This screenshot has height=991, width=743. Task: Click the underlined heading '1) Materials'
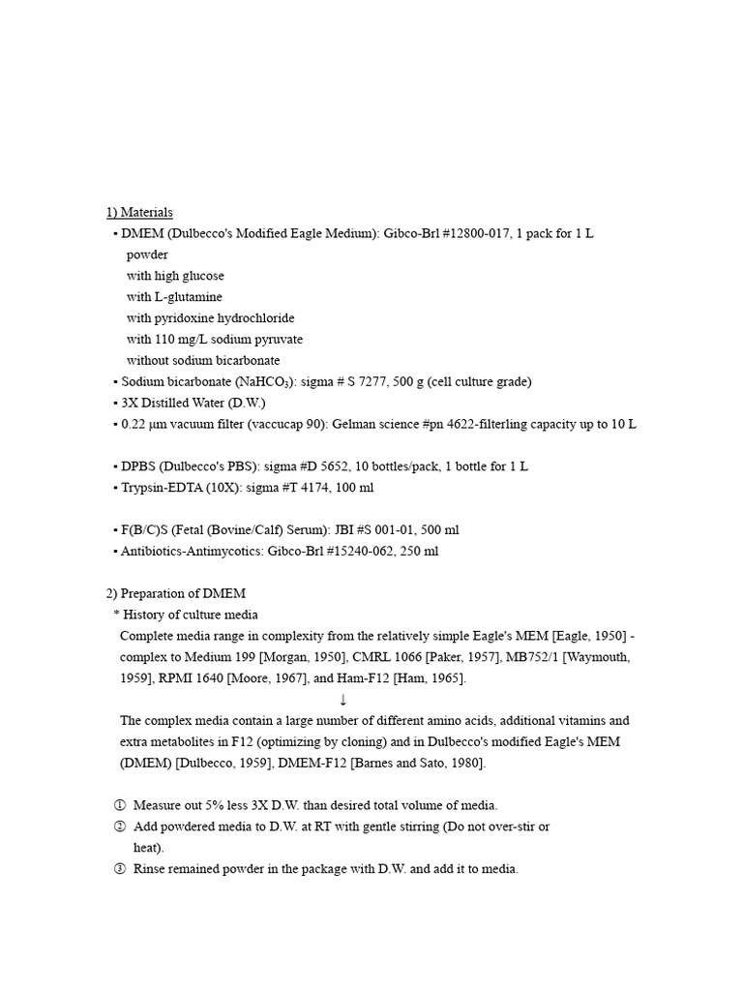point(139,213)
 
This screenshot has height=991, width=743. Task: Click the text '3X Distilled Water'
point(177,404)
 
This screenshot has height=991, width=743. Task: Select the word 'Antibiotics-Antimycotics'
point(178,552)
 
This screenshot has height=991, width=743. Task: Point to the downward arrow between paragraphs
point(342,700)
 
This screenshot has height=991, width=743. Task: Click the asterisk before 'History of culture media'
point(116,616)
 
